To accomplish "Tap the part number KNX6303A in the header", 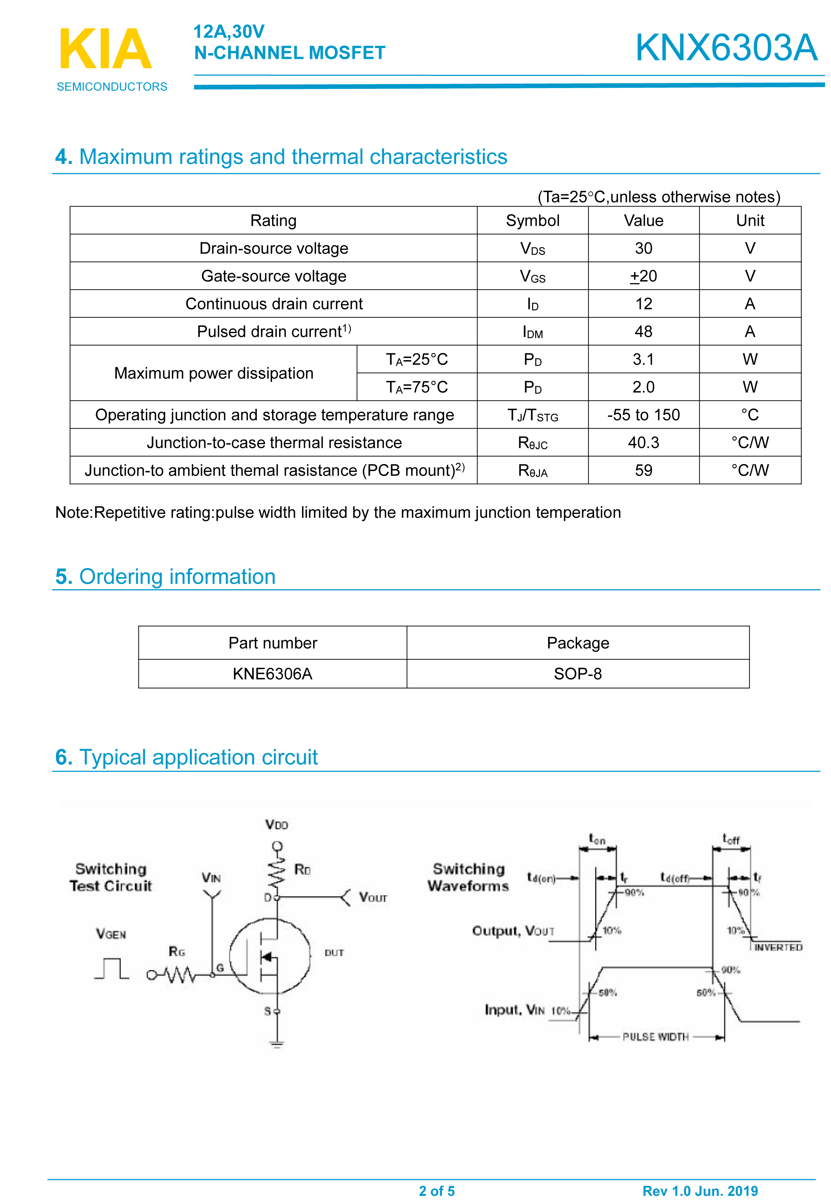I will (x=726, y=48).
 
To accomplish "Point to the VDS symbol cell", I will (x=532, y=249).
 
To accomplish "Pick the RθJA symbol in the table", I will (x=532, y=470).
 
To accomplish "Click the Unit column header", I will (x=750, y=221).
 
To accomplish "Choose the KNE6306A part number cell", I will (x=272, y=674).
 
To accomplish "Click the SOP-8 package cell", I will (x=577, y=674).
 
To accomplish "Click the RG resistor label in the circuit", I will (x=177, y=952).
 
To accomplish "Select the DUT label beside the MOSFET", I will (x=334, y=953).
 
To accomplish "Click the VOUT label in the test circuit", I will (x=373, y=898).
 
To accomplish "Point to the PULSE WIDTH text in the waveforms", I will (x=656, y=1037).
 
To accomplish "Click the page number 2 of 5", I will (x=437, y=1191).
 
